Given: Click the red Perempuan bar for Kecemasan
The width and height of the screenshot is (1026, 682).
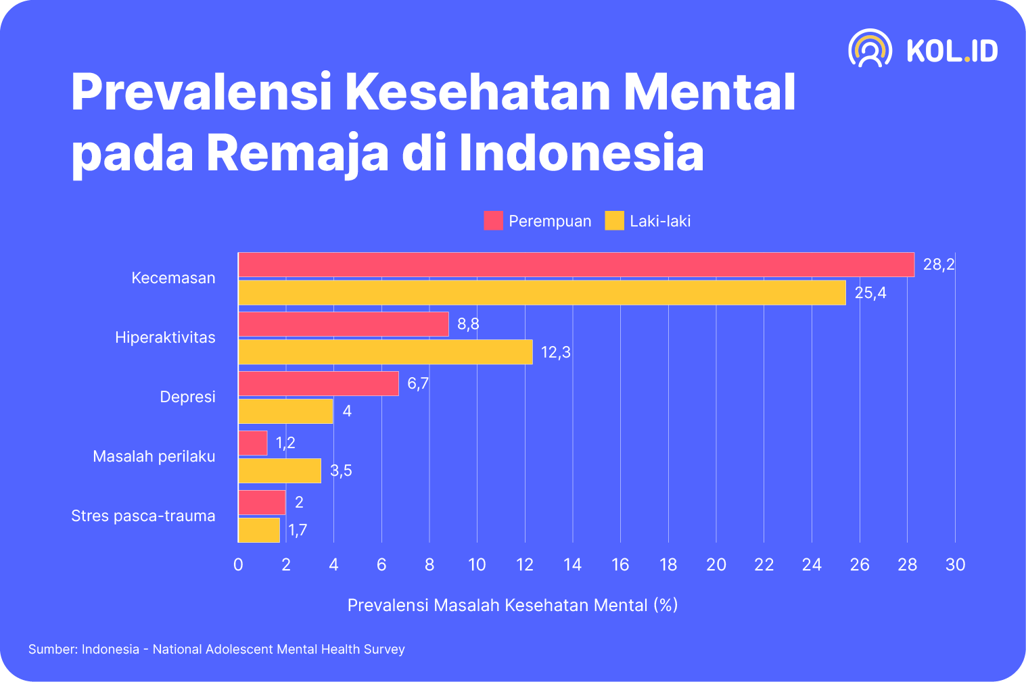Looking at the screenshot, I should pos(576,264).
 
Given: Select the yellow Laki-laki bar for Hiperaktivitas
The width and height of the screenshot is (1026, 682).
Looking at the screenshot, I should pos(386,352).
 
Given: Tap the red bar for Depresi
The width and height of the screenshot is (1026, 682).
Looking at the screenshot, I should pos(319,383).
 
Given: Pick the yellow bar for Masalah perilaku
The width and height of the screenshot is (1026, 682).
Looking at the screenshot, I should pos(280,470).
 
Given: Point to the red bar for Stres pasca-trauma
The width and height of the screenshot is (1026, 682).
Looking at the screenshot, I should pos(262,502).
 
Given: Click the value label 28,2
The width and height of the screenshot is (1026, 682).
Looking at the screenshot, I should pos(939,264).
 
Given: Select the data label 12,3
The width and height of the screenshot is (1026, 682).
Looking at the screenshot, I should pos(555,352).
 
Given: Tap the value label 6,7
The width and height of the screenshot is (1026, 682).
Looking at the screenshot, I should pos(417,383).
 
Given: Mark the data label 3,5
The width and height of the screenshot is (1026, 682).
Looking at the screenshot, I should pos(341,470).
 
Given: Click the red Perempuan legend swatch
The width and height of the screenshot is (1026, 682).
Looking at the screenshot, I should pos(493,221).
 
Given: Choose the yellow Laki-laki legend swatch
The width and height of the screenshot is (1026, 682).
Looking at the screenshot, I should pos(614,221).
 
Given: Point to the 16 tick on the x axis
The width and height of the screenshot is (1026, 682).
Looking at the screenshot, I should pos(620,564).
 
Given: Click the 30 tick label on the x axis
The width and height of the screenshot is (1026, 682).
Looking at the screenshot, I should pos(955,564).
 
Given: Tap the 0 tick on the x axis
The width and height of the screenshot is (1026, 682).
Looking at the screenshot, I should pos(238,564).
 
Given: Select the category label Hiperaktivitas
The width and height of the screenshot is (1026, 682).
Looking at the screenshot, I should pos(165,337).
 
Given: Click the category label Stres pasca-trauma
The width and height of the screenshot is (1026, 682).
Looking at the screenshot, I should pos(143,516).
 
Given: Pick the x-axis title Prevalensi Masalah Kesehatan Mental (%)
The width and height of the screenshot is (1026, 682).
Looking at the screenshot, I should pos(513,605).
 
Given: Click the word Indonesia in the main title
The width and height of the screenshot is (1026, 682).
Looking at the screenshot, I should pos(581,152).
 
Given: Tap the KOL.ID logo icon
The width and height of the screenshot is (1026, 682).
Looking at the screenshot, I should pos(870,49).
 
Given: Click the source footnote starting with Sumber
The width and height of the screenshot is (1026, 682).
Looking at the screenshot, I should pos(216,649).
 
